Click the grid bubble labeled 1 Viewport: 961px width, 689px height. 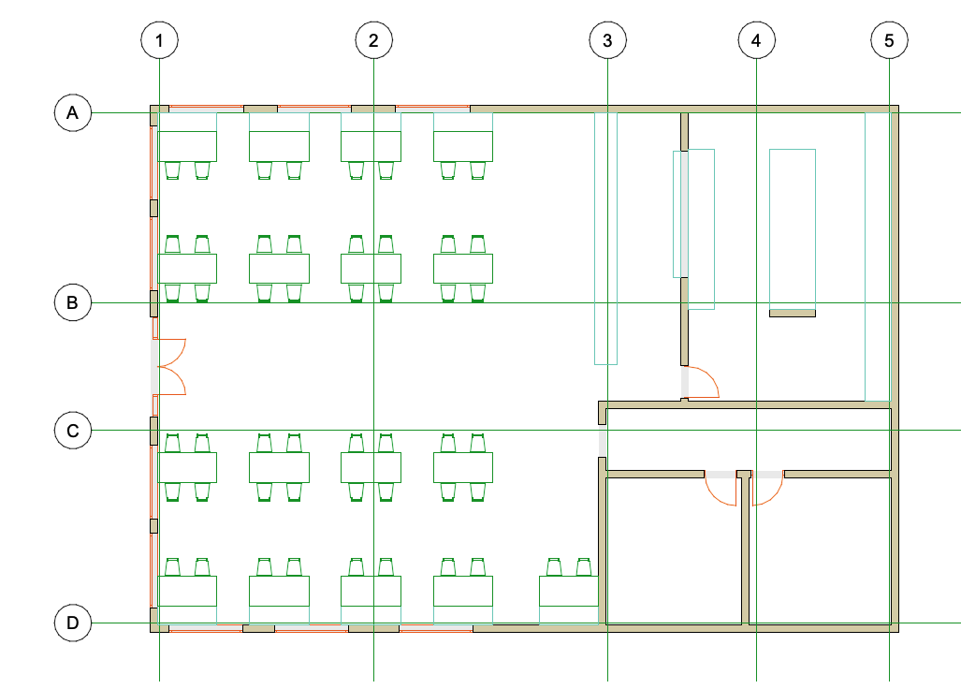point(159,40)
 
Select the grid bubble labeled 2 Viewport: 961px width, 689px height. point(374,40)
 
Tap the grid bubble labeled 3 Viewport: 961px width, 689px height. point(608,40)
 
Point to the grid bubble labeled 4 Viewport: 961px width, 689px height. point(756,40)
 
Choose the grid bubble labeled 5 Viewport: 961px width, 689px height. point(889,40)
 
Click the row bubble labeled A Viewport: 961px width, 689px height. point(73,112)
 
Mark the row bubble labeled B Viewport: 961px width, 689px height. point(73,302)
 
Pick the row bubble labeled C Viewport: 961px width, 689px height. point(73,431)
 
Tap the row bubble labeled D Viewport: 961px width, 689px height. point(73,623)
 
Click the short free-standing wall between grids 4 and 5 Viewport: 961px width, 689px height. point(793,314)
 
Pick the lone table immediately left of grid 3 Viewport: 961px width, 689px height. point(569,592)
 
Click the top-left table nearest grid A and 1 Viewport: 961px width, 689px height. point(187,146)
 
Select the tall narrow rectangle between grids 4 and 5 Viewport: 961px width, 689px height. point(793,229)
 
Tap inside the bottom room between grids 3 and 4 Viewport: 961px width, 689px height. point(674,550)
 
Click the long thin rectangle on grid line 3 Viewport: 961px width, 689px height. point(605,239)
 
